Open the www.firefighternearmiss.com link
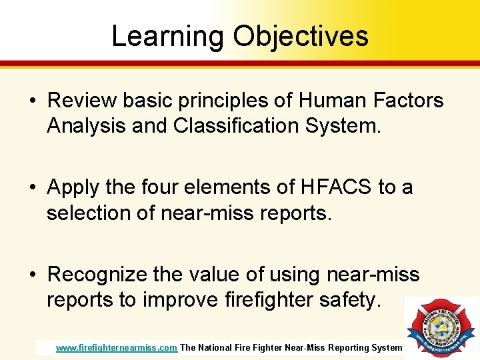point(116,347)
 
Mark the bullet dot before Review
point(33,101)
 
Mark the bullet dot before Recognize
point(33,275)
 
